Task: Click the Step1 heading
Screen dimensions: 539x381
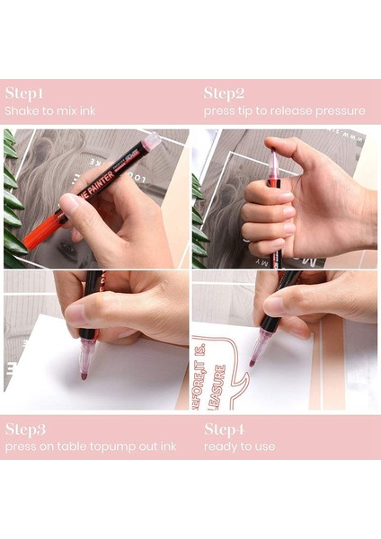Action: (x=24, y=93)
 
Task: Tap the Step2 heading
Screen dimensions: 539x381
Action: (x=224, y=93)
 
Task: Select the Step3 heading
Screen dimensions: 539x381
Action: (x=25, y=429)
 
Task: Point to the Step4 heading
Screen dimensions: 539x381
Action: (x=225, y=429)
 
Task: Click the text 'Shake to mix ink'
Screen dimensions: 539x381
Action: (x=49, y=111)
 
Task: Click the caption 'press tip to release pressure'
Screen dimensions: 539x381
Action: (x=284, y=111)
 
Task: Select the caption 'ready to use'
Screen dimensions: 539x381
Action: (x=239, y=446)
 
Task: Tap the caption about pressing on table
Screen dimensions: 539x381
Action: (x=90, y=446)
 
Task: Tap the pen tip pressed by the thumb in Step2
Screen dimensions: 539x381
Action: (x=272, y=163)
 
